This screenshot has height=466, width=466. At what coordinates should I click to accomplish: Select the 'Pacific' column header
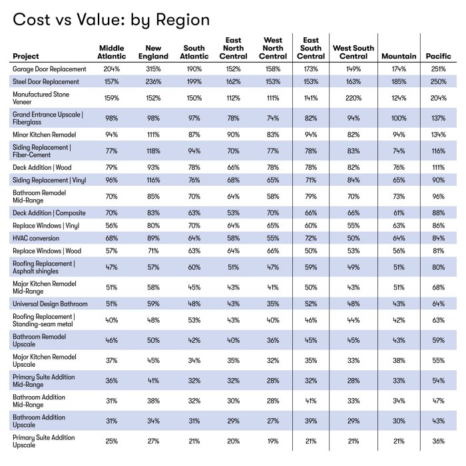coord(439,57)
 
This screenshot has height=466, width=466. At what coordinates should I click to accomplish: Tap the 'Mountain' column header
coord(399,57)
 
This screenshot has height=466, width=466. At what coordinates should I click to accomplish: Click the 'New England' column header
coord(154,53)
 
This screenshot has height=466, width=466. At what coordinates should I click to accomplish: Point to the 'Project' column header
coord(26,57)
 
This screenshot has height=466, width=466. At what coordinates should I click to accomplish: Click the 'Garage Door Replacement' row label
coord(49,69)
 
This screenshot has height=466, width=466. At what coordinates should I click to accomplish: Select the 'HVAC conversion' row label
coord(37,238)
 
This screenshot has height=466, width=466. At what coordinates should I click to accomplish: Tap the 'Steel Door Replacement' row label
coord(46,81)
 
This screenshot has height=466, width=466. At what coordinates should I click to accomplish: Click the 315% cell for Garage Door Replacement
coord(154,69)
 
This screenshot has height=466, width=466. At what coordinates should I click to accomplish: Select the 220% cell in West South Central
coord(353,98)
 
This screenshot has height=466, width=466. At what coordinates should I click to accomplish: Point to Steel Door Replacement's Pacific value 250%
coord(439,81)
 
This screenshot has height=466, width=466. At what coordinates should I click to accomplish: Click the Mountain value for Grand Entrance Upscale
coord(399,118)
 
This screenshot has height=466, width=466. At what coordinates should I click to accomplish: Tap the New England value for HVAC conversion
coord(154,238)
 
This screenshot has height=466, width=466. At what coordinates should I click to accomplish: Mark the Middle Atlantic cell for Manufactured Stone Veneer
coord(111,98)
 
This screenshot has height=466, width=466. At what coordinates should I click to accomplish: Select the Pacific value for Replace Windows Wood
coord(439,250)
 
